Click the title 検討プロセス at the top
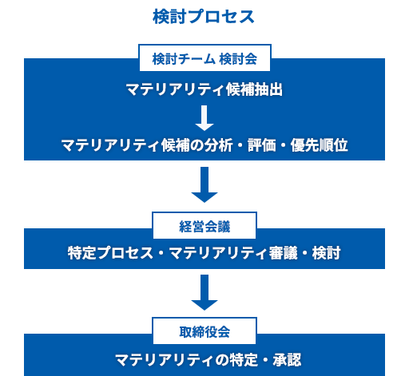204,17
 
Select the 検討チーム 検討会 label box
204,59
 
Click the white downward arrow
204,117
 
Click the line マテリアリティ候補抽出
204,89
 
